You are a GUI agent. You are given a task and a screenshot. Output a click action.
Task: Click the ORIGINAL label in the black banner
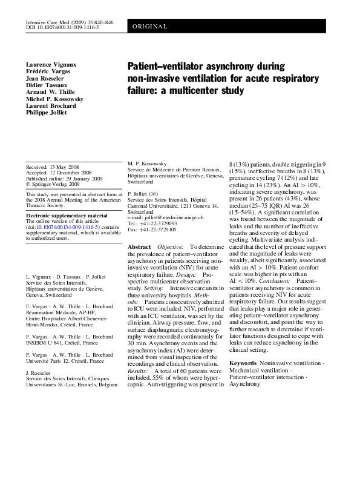(x=149, y=27)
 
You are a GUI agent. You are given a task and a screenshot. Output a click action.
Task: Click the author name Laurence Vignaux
(x=50, y=65)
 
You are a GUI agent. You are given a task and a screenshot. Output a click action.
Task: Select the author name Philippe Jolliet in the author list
(x=47, y=112)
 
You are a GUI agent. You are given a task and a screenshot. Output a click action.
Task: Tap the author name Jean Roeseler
(x=44, y=78)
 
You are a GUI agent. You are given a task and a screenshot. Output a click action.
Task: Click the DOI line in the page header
(x=63, y=27)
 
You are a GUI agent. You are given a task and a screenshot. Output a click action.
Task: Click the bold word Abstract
(x=140, y=248)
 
